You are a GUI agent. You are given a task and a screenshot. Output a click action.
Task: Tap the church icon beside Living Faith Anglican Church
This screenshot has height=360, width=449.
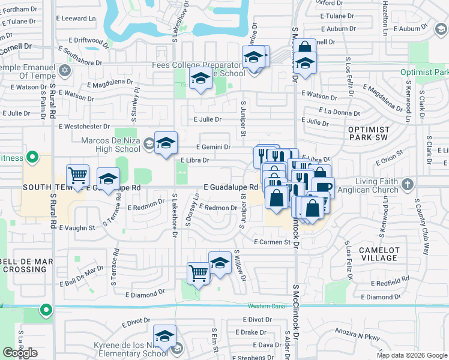[x=408, y=184]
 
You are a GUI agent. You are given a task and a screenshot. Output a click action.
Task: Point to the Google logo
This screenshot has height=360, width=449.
[x=20, y=352]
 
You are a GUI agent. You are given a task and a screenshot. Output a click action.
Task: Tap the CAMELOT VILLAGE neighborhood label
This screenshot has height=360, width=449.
[x=378, y=254]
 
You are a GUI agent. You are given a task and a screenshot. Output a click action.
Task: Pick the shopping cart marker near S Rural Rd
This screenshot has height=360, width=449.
[x=78, y=175]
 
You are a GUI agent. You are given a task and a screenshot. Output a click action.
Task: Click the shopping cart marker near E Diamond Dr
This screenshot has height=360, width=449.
[x=198, y=273]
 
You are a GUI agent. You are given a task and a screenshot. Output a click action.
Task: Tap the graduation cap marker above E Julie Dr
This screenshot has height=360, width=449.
[x=200, y=78]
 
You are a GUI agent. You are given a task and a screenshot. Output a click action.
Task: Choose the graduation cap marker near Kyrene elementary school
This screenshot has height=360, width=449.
[x=164, y=336]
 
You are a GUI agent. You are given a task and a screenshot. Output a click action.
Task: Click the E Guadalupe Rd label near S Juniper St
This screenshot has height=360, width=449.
[x=230, y=188]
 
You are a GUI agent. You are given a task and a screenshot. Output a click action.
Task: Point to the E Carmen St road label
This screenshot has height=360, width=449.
[x=276, y=242]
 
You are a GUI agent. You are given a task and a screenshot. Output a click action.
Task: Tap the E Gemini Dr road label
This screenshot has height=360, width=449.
[x=214, y=146]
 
